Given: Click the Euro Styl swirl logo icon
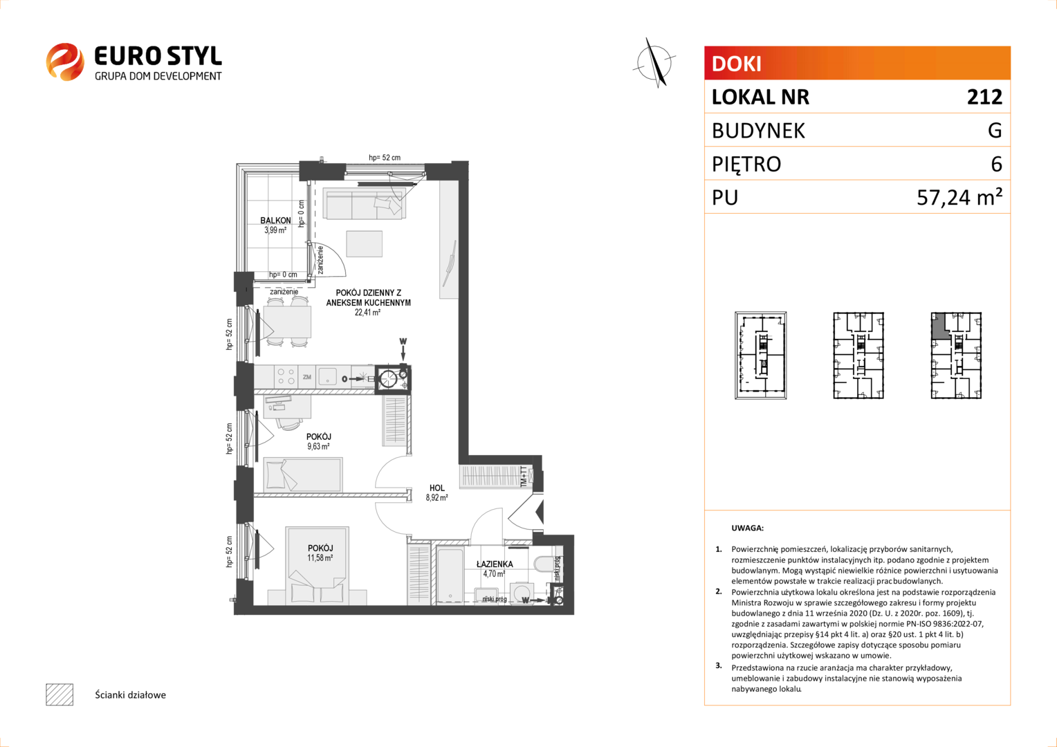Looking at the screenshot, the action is [x=65, y=62].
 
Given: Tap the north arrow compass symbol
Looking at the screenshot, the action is [x=655, y=63].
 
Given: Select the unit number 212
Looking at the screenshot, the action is [x=984, y=97].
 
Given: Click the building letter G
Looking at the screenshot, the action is [x=995, y=130].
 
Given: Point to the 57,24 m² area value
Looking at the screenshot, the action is [x=959, y=197].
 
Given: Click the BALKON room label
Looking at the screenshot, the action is [x=275, y=221].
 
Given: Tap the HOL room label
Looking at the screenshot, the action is [x=437, y=488].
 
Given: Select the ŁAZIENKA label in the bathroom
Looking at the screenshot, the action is [x=495, y=564].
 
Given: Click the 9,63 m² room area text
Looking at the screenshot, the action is [x=318, y=446].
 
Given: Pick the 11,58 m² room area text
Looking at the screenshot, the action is [x=320, y=557].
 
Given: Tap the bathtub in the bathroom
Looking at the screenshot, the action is [x=450, y=575].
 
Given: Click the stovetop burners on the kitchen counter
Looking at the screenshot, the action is [x=286, y=376].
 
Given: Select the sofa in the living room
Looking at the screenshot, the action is [x=365, y=203].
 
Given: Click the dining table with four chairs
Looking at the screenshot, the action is [x=287, y=322].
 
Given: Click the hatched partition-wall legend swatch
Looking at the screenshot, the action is [x=59, y=694].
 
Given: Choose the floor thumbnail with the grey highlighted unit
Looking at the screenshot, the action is [x=956, y=356].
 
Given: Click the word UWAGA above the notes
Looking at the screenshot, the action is [x=748, y=528].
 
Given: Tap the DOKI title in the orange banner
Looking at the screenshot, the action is [x=737, y=64].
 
